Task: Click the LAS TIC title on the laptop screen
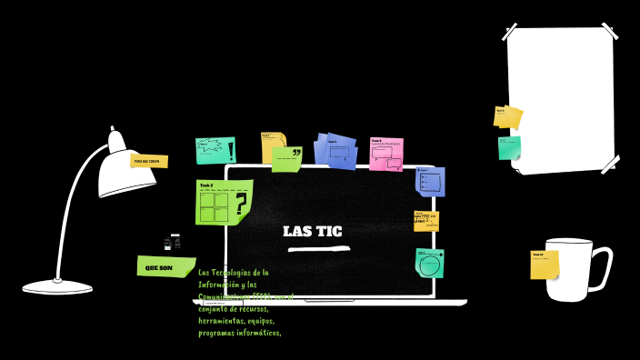coord(312,231)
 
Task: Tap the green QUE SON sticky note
coord(164,267)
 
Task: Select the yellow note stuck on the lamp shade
coord(149,161)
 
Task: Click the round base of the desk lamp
coord(57,287)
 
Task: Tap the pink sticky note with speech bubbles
coord(385,155)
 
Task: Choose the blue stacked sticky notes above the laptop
coord(335,151)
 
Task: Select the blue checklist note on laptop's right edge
coord(430,181)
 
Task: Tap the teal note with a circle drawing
coord(429,263)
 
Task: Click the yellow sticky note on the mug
coord(544,265)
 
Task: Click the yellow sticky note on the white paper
coord(507,117)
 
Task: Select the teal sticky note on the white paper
coord(509,147)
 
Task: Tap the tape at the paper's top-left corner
coord(510,33)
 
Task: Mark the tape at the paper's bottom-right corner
coord(609,165)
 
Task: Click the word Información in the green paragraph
coord(221,285)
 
